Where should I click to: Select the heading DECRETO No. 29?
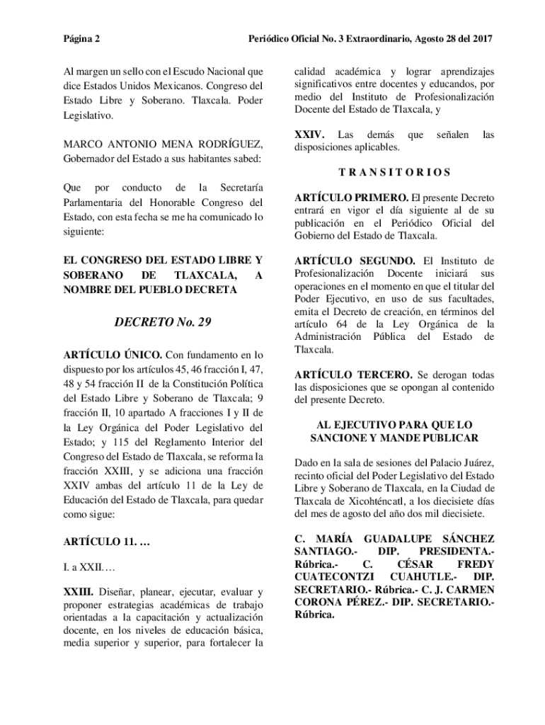click(163, 322)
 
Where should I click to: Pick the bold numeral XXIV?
click(309, 135)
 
